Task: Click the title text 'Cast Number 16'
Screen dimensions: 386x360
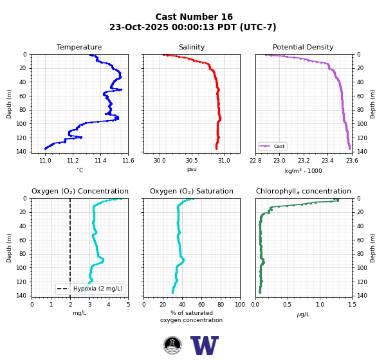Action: click(x=194, y=17)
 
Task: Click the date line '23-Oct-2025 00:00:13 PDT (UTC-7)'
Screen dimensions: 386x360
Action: click(x=193, y=27)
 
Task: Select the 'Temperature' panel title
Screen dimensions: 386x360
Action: click(x=79, y=47)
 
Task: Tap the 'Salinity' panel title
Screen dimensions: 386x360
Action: click(x=192, y=47)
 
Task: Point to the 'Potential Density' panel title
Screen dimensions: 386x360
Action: click(x=303, y=47)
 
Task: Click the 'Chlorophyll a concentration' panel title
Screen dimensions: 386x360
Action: click(x=304, y=191)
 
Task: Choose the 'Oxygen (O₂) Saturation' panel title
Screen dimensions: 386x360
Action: click(x=192, y=191)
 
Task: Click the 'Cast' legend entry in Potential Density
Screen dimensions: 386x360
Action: click(x=273, y=146)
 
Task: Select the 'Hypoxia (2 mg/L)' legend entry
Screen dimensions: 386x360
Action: click(x=90, y=289)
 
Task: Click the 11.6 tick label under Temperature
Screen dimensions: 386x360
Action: click(x=128, y=161)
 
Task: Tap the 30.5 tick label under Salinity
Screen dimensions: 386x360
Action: click(x=192, y=161)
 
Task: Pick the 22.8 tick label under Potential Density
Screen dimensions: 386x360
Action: click(x=255, y=161)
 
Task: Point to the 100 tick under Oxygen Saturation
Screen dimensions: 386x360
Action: click(x=240, y=305)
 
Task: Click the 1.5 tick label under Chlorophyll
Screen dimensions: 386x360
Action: click(x=353, y=305)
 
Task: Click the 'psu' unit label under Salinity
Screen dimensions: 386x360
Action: click(x=192, y=169)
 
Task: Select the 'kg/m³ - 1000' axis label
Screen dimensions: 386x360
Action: click(x=303, y=170)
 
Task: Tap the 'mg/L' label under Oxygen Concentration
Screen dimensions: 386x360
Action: click(x=80, y=313)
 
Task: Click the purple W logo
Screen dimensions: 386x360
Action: click(x=205, y=345)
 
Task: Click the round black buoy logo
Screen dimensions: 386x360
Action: click(x=172, y=345)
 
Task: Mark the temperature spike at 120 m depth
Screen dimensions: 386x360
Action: click(x=80, y=138)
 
